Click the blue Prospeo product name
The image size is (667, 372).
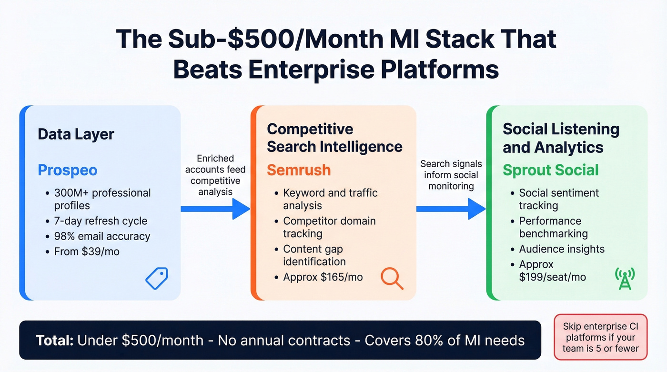point(67,170)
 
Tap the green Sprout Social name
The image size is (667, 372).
point(550,170)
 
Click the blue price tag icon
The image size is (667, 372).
point(156,279)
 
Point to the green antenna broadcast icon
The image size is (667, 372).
point(625,279)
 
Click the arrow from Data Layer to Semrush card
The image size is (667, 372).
point(215,209)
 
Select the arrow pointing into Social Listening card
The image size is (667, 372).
point(451,209)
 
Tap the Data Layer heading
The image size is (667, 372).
point(76,134)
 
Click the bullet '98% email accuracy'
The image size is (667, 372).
point(102,236)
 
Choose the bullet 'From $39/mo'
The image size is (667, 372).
point(87,251)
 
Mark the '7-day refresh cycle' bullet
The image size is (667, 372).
point(101,221)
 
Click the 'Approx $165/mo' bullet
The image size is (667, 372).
point(323,277)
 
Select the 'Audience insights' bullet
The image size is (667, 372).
point(561,249)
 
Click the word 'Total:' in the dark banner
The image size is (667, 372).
point(54,341)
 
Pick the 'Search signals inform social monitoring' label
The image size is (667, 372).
point(451,175)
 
